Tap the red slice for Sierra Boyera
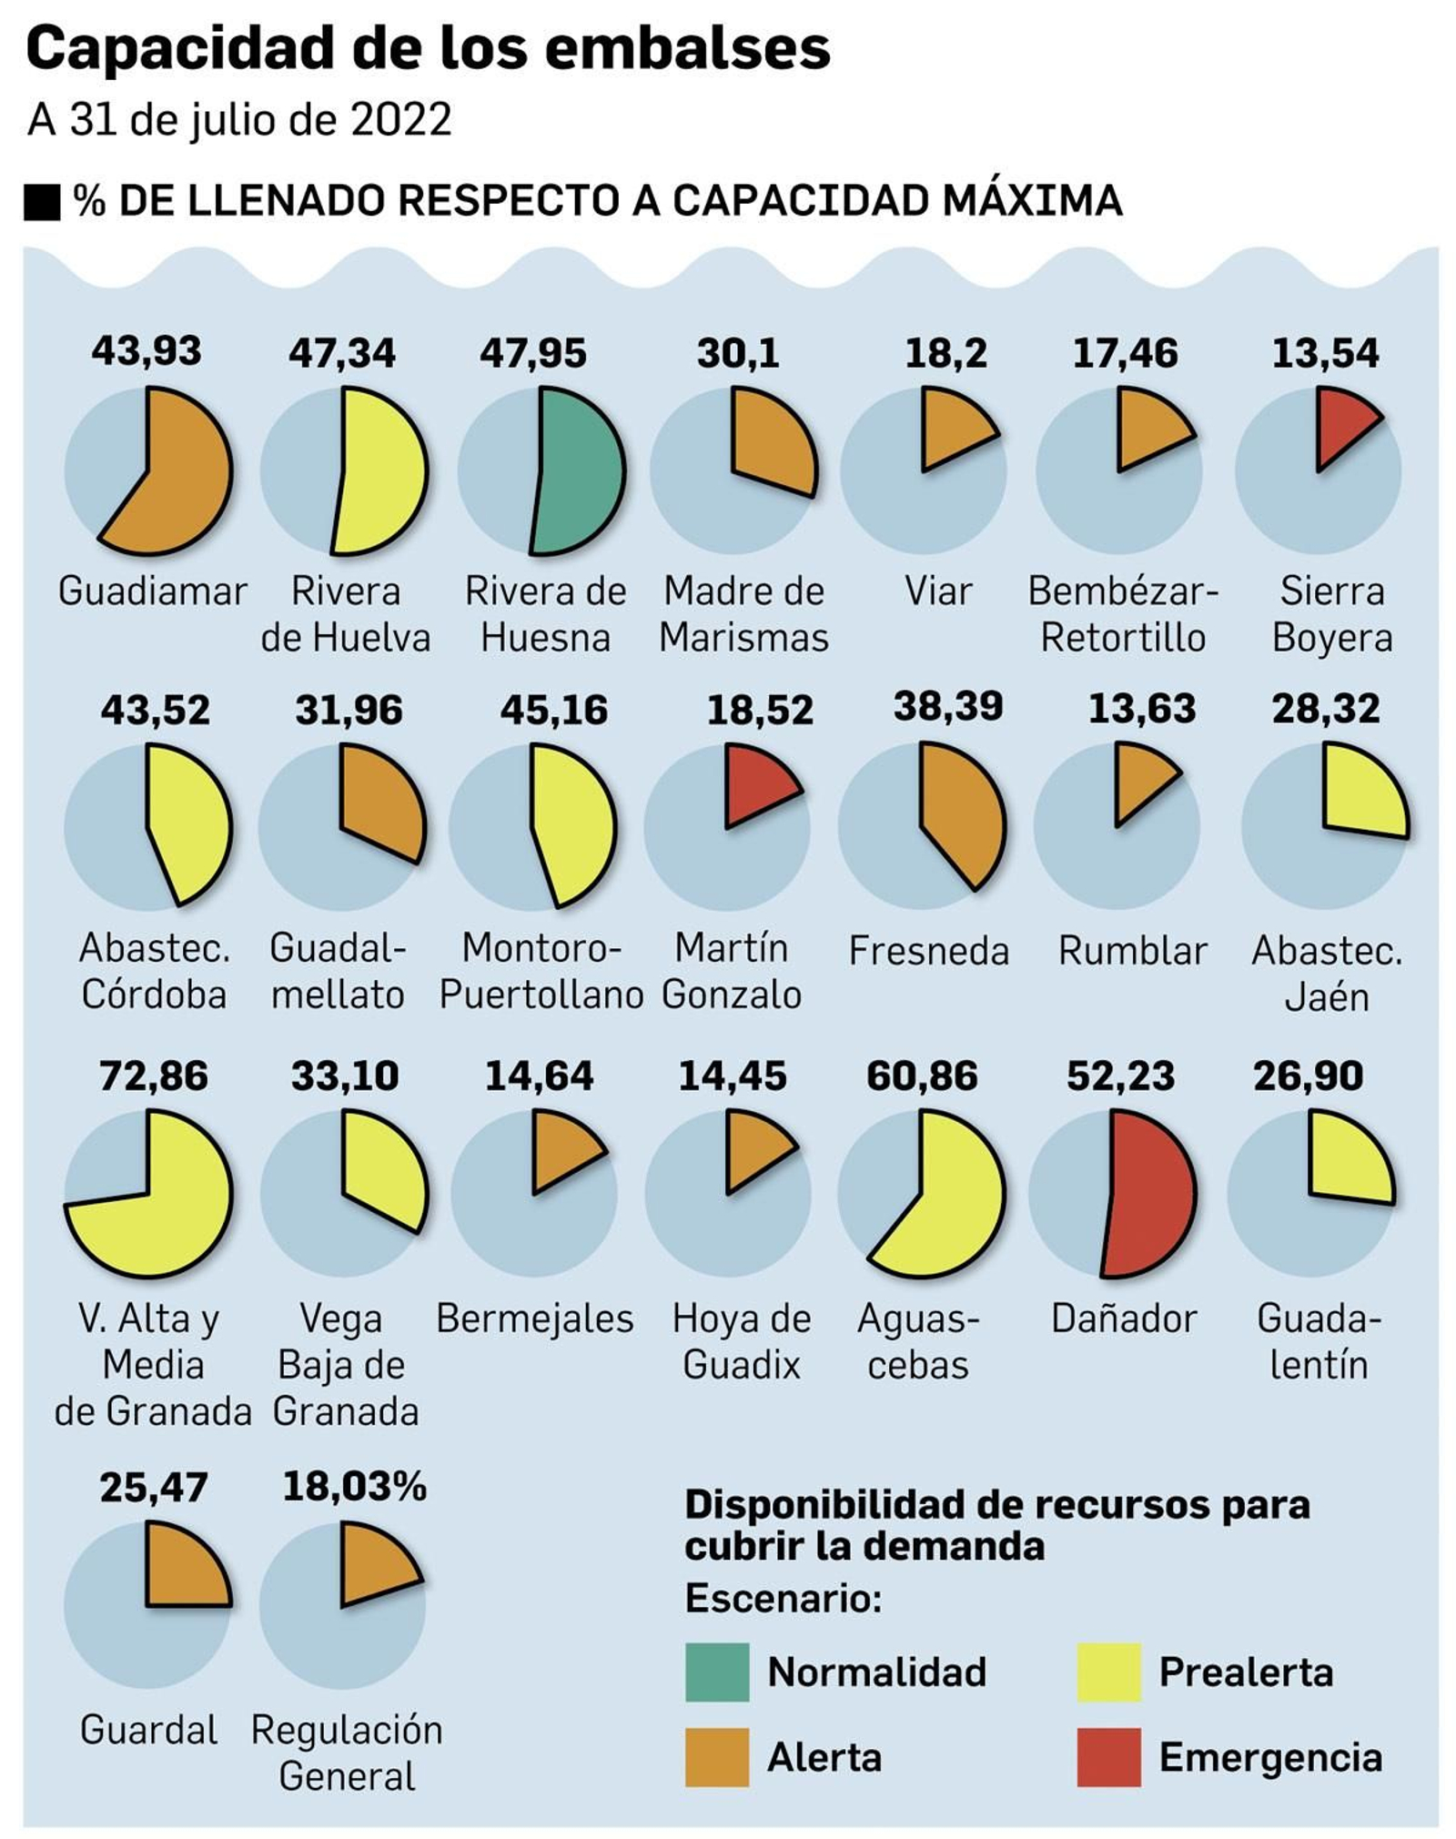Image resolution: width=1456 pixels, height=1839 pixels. (1342, 424)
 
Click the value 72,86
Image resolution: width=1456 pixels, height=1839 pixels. (154, 1076)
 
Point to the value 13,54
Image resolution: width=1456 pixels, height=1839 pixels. (1325, 353)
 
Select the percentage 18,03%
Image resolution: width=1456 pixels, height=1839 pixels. (354, 1487)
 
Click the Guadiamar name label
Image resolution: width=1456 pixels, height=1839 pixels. (152, 591)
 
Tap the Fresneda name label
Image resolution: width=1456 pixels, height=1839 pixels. (928, 951)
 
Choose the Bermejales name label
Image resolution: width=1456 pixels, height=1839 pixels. (534, 1319)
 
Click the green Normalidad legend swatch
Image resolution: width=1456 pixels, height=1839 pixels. (717, 1672)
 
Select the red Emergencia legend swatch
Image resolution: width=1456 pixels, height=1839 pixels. (1108, 1757)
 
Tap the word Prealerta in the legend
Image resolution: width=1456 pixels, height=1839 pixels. (1246, 1672)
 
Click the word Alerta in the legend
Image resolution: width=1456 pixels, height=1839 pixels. (824, 1757)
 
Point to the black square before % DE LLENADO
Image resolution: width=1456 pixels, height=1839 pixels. (42, 202)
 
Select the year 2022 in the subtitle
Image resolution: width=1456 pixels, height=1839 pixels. (401, 120)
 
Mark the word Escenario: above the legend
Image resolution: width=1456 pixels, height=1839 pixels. (784, 1598)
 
